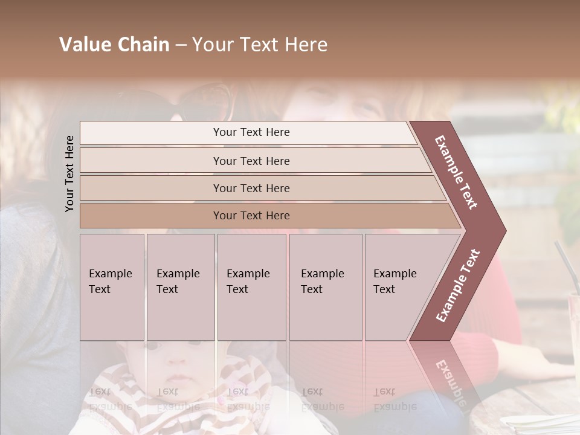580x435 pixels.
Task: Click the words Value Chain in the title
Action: tap(114, 45)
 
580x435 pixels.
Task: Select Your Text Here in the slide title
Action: tap(260, 45)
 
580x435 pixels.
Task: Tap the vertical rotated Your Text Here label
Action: tap(69, 173)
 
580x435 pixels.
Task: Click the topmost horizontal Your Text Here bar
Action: tap(251, 132)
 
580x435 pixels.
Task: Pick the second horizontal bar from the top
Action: tap(251, 161)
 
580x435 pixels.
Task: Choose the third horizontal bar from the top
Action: tap(251, 188)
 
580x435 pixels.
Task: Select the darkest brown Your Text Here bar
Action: tap(251, 216)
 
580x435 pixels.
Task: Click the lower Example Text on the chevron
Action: tap(458, 285)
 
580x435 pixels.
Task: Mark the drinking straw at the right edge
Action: tap(565, 260)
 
